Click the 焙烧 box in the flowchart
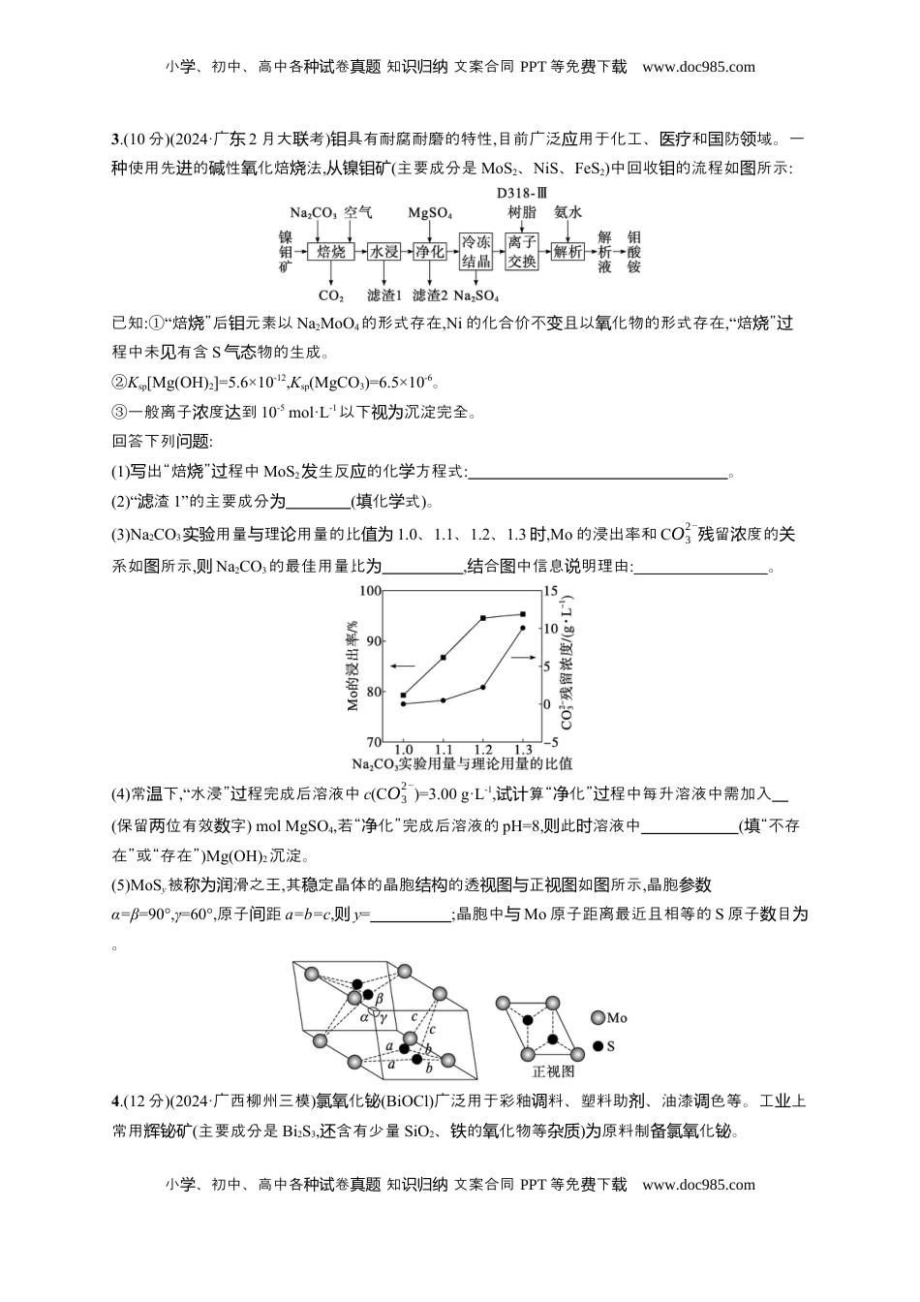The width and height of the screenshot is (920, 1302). (331, 252)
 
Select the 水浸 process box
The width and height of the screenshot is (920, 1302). (383, 252)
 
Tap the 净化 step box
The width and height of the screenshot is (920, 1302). (430, 252)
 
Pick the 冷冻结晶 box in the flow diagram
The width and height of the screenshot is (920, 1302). (475, 252)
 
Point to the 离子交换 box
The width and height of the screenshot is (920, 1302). (522, 252)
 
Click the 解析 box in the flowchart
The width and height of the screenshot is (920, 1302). (568, 252)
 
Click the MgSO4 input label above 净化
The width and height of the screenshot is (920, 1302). (430, 212)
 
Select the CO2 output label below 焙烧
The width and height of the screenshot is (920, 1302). (331, 295)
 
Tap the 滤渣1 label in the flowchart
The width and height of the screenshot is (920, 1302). (384, 295)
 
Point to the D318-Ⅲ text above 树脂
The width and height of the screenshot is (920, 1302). (522, 193)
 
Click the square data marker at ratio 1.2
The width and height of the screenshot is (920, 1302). (483, 618)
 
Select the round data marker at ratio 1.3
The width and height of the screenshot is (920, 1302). (523, 629)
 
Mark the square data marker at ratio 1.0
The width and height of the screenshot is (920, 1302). (404, 695)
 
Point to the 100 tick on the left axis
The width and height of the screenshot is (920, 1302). (370, 591)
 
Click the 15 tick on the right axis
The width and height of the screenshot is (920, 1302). (551, 591)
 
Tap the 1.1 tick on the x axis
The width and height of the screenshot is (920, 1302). (444, 750)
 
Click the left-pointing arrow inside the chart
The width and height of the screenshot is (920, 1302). (402, 666)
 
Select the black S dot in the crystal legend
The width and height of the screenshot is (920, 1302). (598, 1046)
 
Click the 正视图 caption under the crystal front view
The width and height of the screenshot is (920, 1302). (553, 1071)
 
